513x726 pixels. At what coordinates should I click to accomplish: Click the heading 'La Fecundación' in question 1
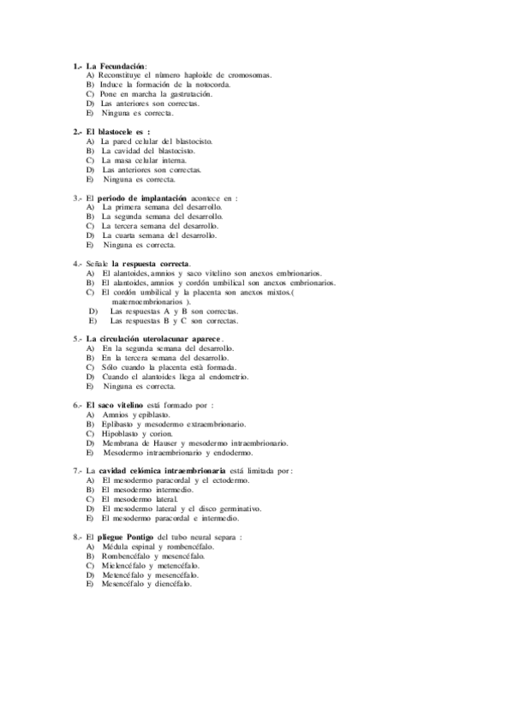tap(116, 66)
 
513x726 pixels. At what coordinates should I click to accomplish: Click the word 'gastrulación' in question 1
tap(188, 94)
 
